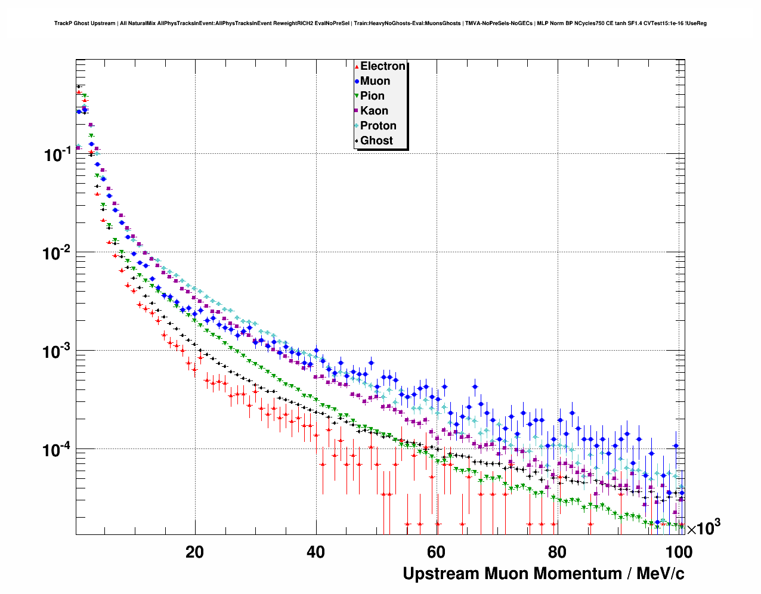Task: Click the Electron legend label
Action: coord(383,66)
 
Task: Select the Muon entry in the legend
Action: coord(375,81)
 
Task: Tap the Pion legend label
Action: coord(372,96)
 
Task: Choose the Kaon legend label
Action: coord(374,111)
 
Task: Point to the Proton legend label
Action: coord(378,126)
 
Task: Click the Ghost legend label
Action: coord(376,141)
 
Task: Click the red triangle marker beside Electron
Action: coord(357,67)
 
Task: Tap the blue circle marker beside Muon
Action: coord(357,81)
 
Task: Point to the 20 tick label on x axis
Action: coord(194,552)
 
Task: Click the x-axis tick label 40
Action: coord(315,552)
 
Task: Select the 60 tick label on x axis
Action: coord(437,552)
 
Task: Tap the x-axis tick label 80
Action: coord(557,552)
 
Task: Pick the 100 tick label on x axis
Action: coord(678,552)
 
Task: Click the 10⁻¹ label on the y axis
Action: coord(57,155)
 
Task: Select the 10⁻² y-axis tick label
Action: coord(57,253)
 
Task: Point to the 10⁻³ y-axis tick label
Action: coord(57,351)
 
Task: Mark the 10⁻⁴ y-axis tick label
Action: coord(57,450)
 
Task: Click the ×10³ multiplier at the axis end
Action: coord(703,528)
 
